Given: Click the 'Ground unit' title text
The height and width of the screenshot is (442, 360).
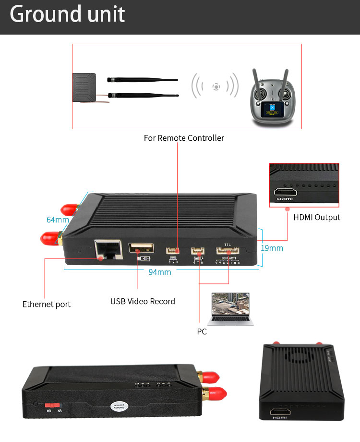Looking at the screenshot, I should pos(67,14).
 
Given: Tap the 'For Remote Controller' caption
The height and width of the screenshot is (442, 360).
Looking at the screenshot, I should pos(184,138).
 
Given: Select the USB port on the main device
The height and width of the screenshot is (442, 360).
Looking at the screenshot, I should pos(141,248).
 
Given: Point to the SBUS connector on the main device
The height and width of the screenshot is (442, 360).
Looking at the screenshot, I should pos(172,250).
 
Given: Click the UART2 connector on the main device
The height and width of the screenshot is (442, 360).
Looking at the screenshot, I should pos(197,250).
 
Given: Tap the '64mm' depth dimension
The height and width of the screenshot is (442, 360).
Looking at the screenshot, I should pos(58,220).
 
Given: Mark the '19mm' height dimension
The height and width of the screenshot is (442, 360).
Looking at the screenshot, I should pos(272,248).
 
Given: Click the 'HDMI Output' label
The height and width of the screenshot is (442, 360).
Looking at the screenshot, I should pos(316,217).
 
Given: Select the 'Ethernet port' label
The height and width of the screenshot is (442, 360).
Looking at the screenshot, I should pos(47,304).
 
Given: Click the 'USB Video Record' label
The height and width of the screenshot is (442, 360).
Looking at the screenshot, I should pos(143,301).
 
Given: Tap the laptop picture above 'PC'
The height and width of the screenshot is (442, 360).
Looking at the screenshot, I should pos(228,308).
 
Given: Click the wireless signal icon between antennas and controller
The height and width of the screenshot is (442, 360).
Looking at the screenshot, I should pos(216,86).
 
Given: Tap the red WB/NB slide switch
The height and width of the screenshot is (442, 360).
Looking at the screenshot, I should pos(54,405).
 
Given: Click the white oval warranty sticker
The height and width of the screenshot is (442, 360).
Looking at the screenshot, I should pos(120,406).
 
